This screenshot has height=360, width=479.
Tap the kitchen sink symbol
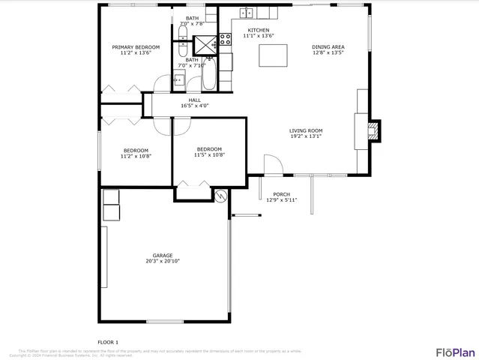click(x=247, y=13)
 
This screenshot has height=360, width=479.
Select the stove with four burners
click(x=225, y=41)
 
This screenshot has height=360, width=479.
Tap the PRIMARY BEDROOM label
click(x=136, y=47)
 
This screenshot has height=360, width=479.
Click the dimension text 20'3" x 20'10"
click(x=162, y=261)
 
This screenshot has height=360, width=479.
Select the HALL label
click(x=194, y=100)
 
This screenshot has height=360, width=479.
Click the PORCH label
click(x=282, y=194)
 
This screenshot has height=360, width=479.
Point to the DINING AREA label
click(x=328, y=47)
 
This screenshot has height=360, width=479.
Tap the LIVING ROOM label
click(x=306, y=130)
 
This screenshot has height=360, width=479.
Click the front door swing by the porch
click(x=272, y=165)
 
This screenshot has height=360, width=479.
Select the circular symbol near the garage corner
click(x=220, y=196)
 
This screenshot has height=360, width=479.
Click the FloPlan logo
click(x=455, y=352)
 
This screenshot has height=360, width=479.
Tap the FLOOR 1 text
click(x=108, y=342)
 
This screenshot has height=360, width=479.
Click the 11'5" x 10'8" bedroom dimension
click(x=209, y=154)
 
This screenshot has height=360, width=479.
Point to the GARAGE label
click(x=162, y=255)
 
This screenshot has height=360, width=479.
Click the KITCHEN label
click(x=259, y=30)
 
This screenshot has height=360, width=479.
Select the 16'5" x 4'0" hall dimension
click(x=194, y=106)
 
